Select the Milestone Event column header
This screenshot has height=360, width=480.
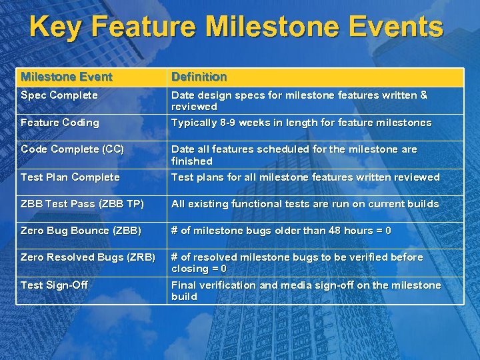click(x=67, y=77)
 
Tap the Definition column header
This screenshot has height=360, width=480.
click(x=199, y=77)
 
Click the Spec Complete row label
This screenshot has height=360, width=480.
click(x=59, y=95)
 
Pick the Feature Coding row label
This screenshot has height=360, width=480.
click(x=59, y=123)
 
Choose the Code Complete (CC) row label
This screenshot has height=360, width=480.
click(x=72, y=149)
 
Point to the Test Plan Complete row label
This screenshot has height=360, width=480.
click(x=70, y=177)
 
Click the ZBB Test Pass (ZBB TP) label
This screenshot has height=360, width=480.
click(x=82, y=204)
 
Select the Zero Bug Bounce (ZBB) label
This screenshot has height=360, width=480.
click(x=81, y=231)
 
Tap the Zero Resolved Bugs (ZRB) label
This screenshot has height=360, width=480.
click(x=87, y=257)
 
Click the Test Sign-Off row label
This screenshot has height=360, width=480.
click(x=54, y=285)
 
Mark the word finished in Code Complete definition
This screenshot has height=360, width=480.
click(x=191, y=161)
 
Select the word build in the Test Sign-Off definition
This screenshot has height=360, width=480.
click(x=184, y=297)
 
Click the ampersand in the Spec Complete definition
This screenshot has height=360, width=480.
click(x=423, y=95)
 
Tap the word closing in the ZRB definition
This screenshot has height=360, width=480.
click(x=190, y=269)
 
